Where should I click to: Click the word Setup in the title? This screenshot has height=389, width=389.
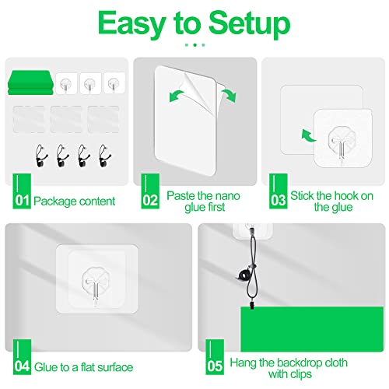(249, 25)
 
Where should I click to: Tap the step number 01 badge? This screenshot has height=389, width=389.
(22, 191)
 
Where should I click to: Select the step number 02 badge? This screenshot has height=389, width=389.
(150, 191)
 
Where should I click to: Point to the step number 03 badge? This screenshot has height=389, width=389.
(279, 191)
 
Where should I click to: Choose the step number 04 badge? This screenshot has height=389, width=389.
(22, 357)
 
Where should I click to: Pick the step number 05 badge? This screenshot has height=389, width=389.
(215, 357)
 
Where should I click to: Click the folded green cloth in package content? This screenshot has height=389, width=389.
(30, 82)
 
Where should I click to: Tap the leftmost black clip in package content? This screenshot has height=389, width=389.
(41, 156)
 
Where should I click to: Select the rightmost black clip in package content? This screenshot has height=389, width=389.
(105, 156)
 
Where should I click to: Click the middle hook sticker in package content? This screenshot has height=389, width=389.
(90, 83)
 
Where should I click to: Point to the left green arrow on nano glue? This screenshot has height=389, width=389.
(176, 96)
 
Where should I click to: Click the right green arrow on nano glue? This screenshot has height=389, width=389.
(229, 95)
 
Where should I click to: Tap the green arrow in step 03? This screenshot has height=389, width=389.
(308, 135)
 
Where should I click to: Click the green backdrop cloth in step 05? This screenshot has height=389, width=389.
(312, 329)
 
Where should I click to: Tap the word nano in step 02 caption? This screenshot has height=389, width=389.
(227, 196)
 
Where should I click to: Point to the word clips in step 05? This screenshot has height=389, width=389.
(300, 374)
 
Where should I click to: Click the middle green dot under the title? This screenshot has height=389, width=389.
(195, 45)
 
